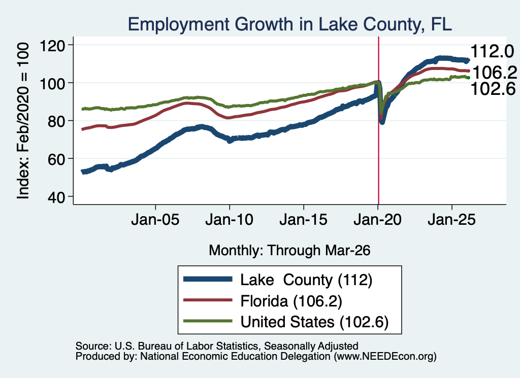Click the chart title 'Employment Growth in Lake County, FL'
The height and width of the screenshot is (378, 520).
[x=290, y=24]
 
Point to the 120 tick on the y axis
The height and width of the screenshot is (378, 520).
[x=52, y=45]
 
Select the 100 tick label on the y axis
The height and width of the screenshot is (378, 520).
[x=52, y=83]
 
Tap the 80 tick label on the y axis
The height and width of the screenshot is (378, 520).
[x=56, y=121]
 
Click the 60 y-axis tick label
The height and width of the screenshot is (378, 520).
[x=56, y=159]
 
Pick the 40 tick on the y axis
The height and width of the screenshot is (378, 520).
[x=56, y=197]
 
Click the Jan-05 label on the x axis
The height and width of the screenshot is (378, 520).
[x=155, y=220]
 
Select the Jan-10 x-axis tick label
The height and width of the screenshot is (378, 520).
[x=230, y=220]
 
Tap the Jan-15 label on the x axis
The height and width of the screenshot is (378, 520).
[x=304, y=220]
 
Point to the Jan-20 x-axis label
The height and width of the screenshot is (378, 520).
[x=378, y=220]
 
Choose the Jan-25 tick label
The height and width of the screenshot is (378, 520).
[x=451, y=220]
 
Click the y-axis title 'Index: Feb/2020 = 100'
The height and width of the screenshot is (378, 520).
[x=23, y=121]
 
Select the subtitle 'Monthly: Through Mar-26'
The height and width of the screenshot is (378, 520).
[x=289, y=251]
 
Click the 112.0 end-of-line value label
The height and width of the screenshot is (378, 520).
[x=492, y=52]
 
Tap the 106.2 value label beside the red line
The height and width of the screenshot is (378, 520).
[x=495, y=73]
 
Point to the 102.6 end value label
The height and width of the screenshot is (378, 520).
[x=493, y=89]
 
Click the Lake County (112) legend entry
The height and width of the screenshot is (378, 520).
[x=278, y=280]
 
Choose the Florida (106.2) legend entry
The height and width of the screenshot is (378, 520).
[x=263, y=301]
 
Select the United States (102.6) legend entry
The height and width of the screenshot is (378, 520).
[x=286, y=322]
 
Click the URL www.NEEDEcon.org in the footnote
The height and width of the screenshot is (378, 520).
[x=385, y=357]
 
